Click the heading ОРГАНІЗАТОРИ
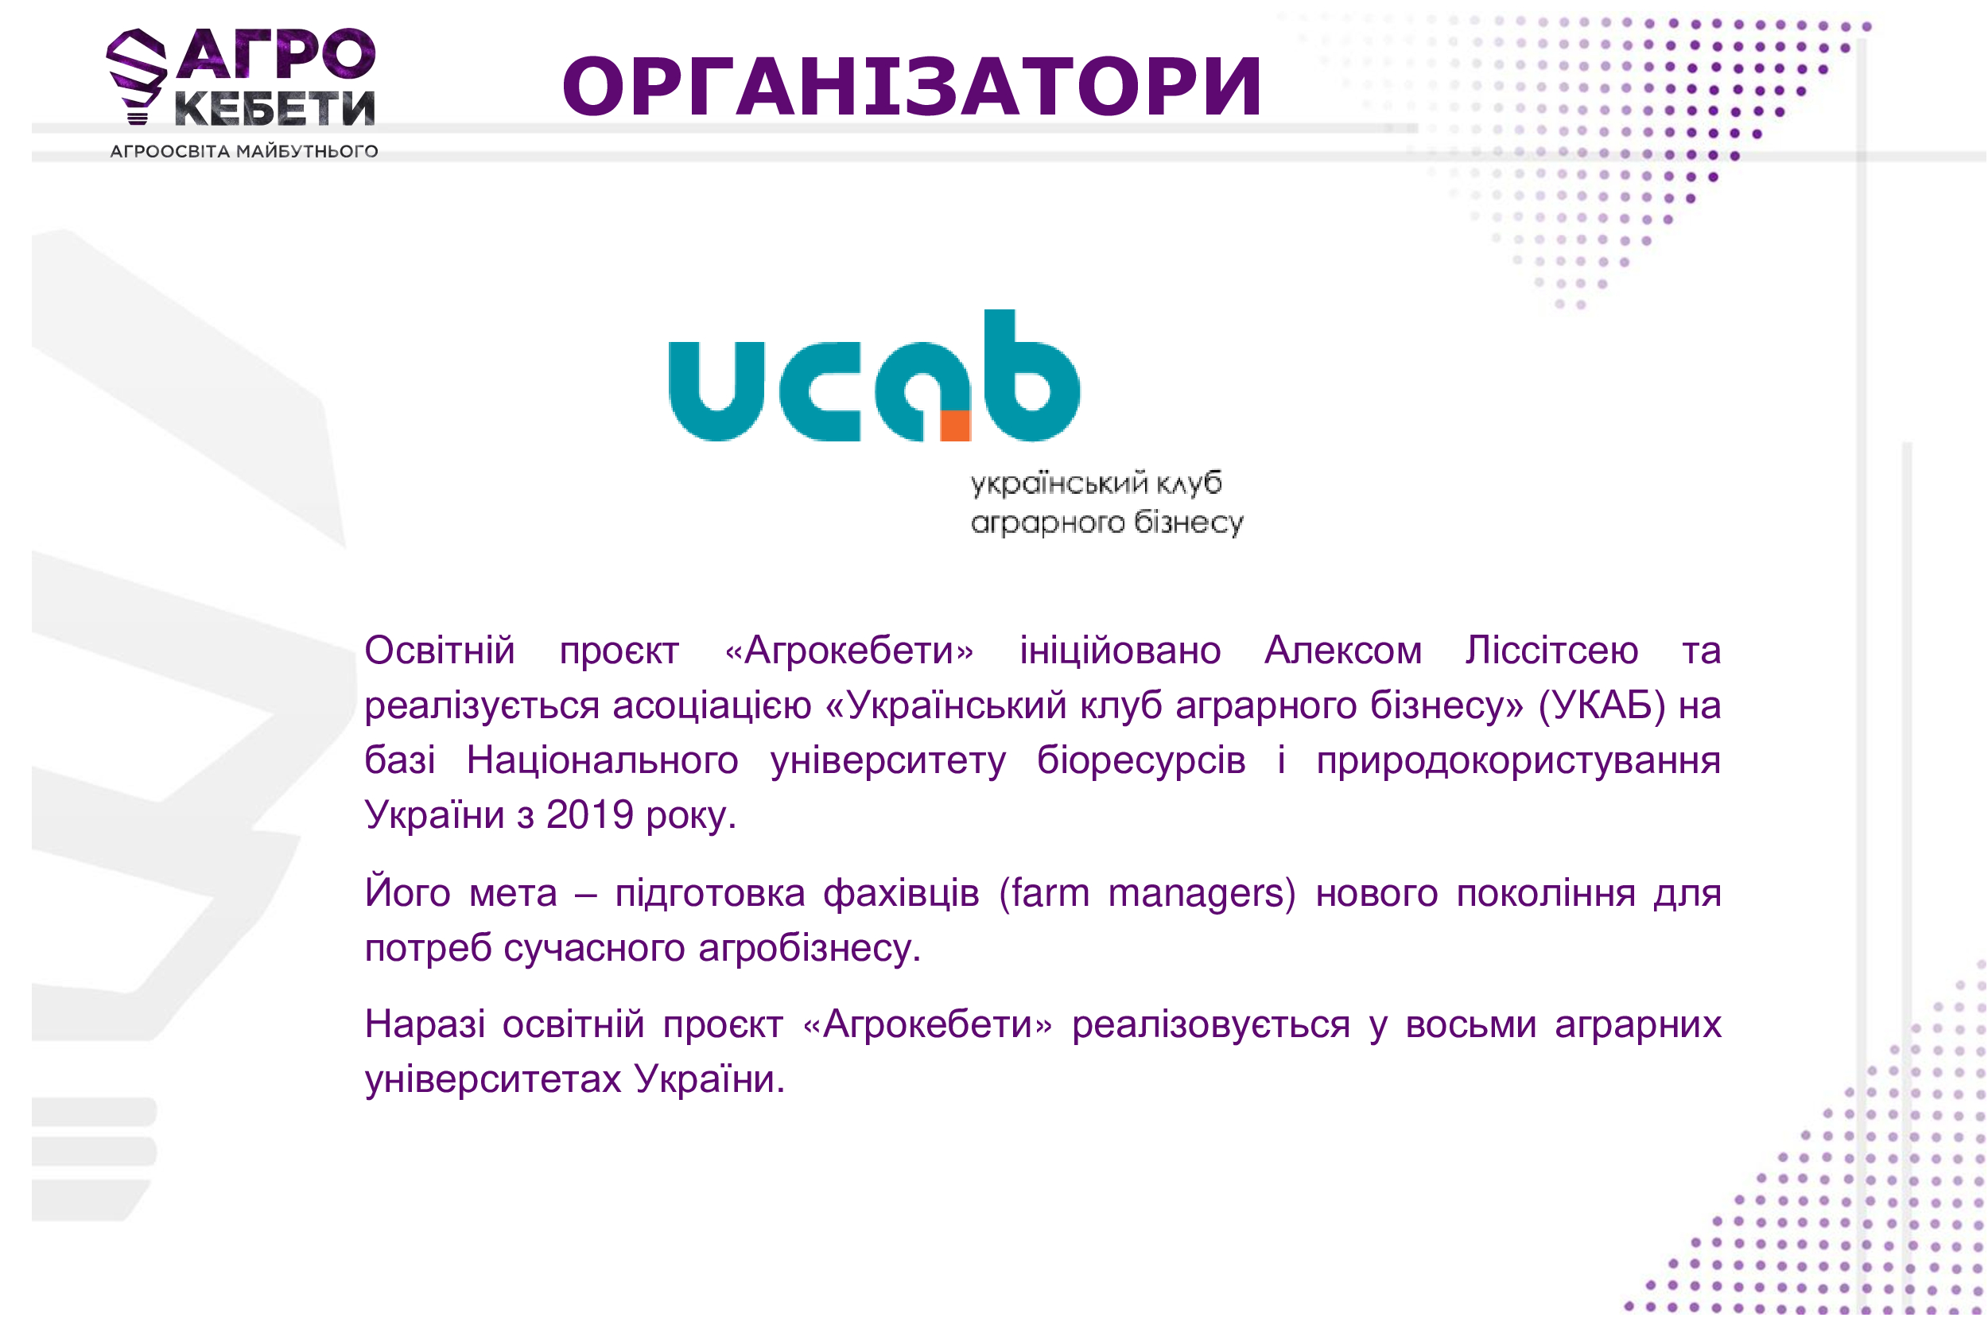point(911,86)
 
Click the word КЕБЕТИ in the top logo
point(274,108)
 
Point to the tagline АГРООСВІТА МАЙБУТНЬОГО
point(244,151)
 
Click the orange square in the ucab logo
point(956,425)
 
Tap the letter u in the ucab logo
point(716,391)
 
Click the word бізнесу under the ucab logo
point(1188,523)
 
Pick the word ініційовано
point(1120,651)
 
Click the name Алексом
point(1343,651)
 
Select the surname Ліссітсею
point(1552,651)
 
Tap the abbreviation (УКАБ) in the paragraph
point(1601,705)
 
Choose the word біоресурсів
point(1140,760)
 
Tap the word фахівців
point(902,893)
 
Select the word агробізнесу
point(810,948)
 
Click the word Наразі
point(425,1024)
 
